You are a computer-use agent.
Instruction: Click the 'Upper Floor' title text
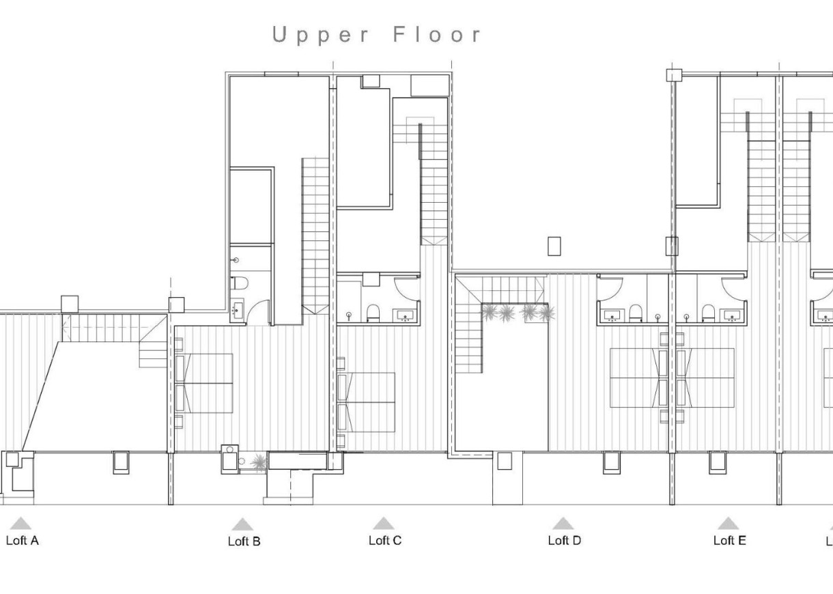[x=377, y=35]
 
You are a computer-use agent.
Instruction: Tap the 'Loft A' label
[x=22, y=541]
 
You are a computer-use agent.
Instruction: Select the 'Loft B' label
[x=244, y=541]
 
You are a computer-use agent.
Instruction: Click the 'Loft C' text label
[x=385, y=541]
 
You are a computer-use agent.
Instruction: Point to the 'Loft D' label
[x=564, y=541]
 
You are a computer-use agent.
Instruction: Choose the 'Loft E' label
[x=729, y=541]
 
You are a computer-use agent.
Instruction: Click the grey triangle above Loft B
[x=242, y=524]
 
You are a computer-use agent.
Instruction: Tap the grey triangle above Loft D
[x=563, y=524]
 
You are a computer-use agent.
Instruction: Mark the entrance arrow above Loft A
[x=21, y=524]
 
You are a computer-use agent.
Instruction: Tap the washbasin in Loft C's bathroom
[x=406, y=315]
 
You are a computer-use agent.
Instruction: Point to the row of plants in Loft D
[x=518, y=313]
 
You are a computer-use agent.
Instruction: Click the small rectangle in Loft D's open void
[x=554, y=246]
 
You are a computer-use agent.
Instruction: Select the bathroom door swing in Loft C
[x=408, y=287]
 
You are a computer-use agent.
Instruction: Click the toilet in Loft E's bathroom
[x=707, y=314]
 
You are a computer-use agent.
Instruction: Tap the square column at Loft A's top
[x=70, y=304]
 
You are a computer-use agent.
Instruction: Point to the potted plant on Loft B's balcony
[x=258, y=463]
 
